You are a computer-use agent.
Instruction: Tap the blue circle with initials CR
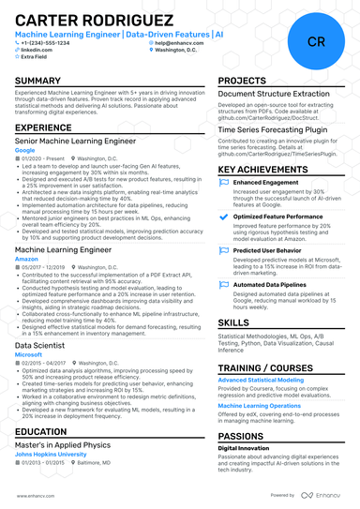click(316, 41)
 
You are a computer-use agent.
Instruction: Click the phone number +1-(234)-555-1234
click(46, 43)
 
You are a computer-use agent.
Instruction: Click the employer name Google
click(25, 149)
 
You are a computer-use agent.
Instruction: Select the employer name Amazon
click(27, 258)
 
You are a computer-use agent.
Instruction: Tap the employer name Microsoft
click(29, 355)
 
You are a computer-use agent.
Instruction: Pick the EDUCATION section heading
click(40, 432)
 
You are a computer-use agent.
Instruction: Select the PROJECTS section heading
click(243, 82)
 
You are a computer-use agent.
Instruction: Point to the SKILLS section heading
click(233, 322)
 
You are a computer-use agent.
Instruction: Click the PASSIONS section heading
click(241, 436)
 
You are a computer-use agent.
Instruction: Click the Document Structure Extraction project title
click(274, 94)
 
